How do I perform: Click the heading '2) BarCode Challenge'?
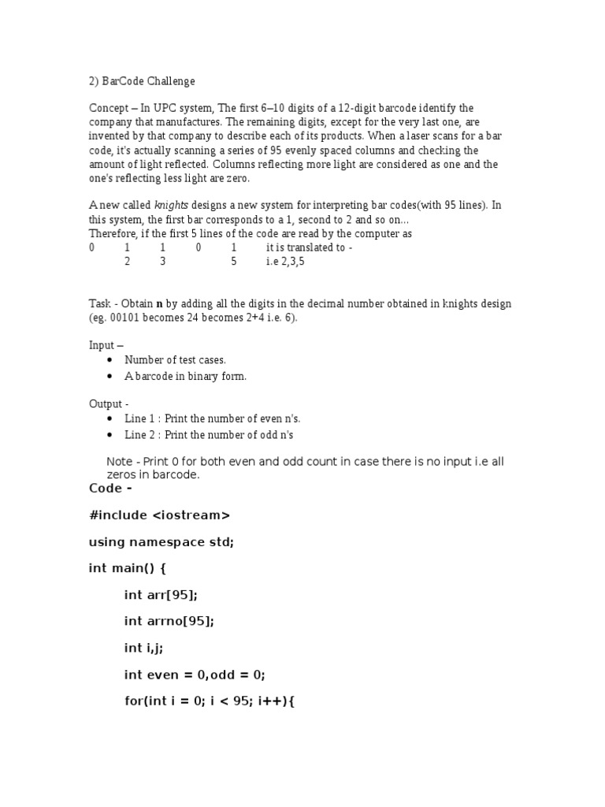(x=142, y=81)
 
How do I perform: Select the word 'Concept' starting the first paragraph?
(x=108, y=108)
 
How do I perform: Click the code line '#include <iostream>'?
(x=160, y=515)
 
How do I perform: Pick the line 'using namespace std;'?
(x=161, y=542)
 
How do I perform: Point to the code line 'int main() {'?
(x=128, y=568)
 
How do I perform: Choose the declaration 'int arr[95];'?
(x=161, y=595)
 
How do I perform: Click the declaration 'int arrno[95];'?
(x=169, y=621)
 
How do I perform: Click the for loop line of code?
(x=209, y=701)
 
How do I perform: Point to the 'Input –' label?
(x=106, y=345)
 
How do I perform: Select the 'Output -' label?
(x=106, y=403)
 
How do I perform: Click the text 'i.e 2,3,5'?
(x=285, y=262)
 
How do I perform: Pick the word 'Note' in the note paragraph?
(x=119, y=462)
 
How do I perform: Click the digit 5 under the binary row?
(x=234, y=262)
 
